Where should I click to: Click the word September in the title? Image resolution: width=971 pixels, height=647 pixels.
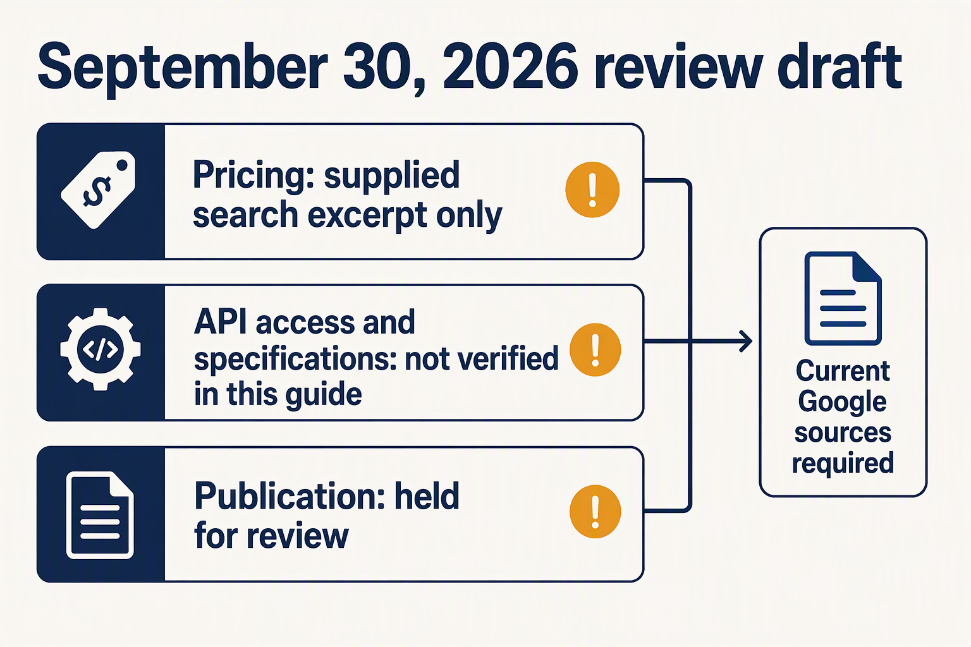point(183,69)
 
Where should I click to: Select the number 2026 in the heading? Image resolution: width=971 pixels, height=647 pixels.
point(510,66)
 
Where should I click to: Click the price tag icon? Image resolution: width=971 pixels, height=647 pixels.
point(99,190)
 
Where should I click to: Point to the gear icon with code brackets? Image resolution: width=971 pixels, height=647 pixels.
point(100,349)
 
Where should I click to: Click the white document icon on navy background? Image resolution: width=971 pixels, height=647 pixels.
point(100,515)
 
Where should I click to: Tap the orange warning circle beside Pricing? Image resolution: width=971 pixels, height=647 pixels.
point(592,190)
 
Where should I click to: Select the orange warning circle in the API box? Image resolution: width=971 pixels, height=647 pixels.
point(595,349)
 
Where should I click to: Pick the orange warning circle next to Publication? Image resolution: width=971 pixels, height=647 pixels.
point(595,511)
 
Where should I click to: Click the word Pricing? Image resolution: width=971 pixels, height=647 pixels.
point(253,175)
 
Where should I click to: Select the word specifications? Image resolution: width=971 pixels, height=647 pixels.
point(295,360)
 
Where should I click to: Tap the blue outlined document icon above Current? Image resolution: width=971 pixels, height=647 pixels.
point(843,298)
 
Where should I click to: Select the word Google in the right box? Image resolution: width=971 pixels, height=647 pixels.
point(842,402)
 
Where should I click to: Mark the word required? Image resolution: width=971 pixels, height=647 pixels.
point(843,463)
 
